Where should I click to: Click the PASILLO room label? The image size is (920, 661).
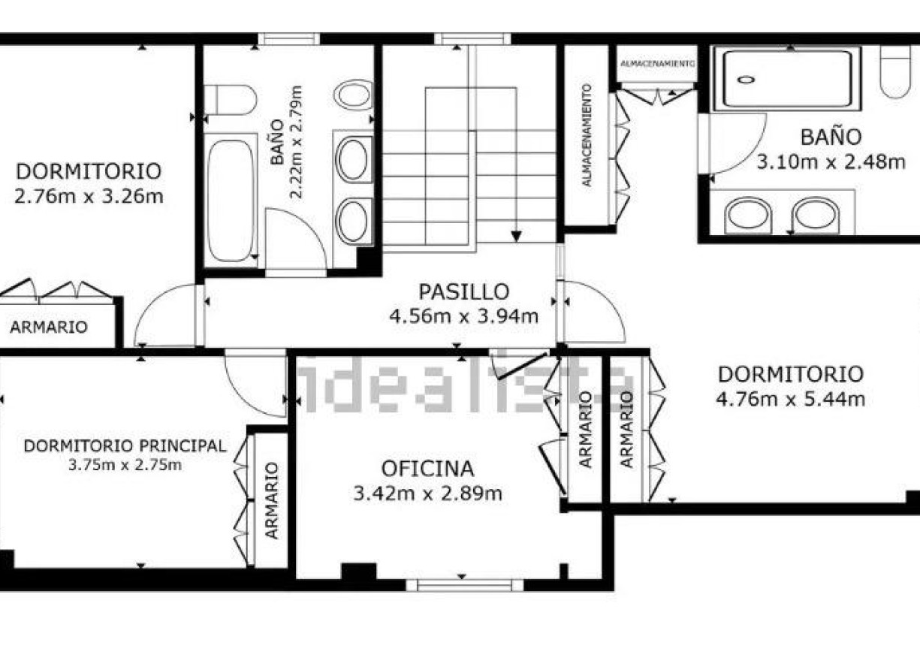(x=463, y=291)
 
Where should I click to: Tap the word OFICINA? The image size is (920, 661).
(x=427, y=469)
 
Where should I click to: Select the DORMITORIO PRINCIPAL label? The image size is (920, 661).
(x=125, y=445)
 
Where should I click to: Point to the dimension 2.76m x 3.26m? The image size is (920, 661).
(x=89, y=197)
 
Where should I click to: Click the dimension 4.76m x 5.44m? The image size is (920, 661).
(x=790, y=399)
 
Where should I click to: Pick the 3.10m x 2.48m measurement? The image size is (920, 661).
(x=831, y=162)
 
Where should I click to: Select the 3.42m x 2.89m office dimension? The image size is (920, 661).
(x=427, y=493)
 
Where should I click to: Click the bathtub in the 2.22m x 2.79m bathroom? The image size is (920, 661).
(x=231, y=200)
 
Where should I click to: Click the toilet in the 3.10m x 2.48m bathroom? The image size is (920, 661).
(x=895, y=71)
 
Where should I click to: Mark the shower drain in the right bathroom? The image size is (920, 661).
(x=746, y=79)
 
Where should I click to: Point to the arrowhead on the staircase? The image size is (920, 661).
(x=516, y=235)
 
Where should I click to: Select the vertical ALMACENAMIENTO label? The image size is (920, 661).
(x=587, y=135)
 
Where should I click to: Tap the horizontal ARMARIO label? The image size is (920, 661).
(x=48, y=327)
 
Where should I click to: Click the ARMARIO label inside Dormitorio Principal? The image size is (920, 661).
(x=271, y=500)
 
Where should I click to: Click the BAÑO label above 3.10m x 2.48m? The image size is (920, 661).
(x=830, y=137)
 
